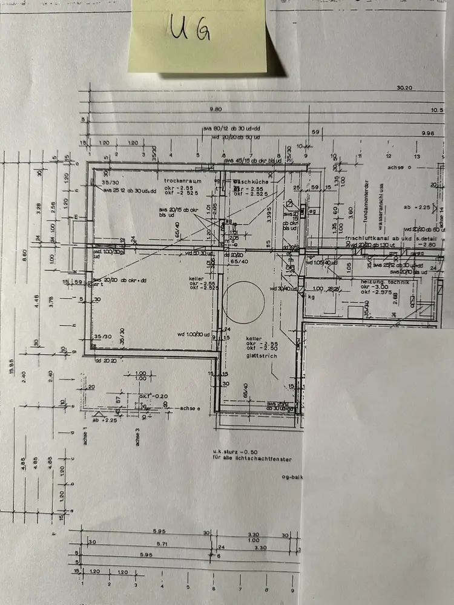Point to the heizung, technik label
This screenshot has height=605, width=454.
click(x=384, y=283)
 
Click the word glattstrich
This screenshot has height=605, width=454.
click(x=260, y=356)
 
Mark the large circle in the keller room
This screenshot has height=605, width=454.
click(x=245, y=301)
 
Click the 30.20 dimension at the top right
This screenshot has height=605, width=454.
click(x=405, y=88)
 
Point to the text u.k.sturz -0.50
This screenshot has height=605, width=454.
click(x=236, y=451)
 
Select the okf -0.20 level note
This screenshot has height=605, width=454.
click(x=153, y=396)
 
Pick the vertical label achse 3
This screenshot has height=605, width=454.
click(x=137, y=436)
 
